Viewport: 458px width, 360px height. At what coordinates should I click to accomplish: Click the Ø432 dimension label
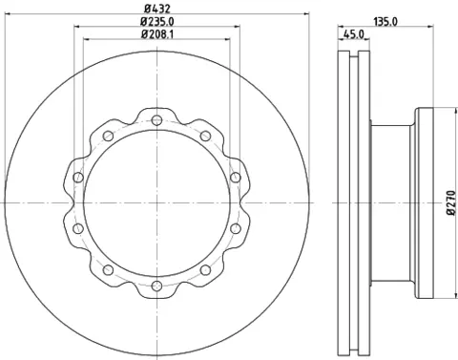coord(157,8)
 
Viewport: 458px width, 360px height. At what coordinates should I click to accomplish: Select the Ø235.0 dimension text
coord(157,21)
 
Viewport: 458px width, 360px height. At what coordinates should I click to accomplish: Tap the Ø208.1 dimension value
coord(157,33)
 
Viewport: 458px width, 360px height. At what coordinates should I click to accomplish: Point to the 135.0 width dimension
coord(385,22)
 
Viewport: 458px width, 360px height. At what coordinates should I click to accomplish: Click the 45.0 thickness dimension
coord(354,33)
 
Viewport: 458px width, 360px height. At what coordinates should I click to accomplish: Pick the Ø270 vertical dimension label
coord(452,203)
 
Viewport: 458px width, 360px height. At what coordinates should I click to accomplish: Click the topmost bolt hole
coord(156,120)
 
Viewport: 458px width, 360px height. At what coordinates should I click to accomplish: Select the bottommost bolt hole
coord(156,286)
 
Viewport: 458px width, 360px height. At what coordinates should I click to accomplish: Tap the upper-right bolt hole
coord(205,136)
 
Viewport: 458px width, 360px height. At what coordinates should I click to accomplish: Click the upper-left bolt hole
coord(109,136)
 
